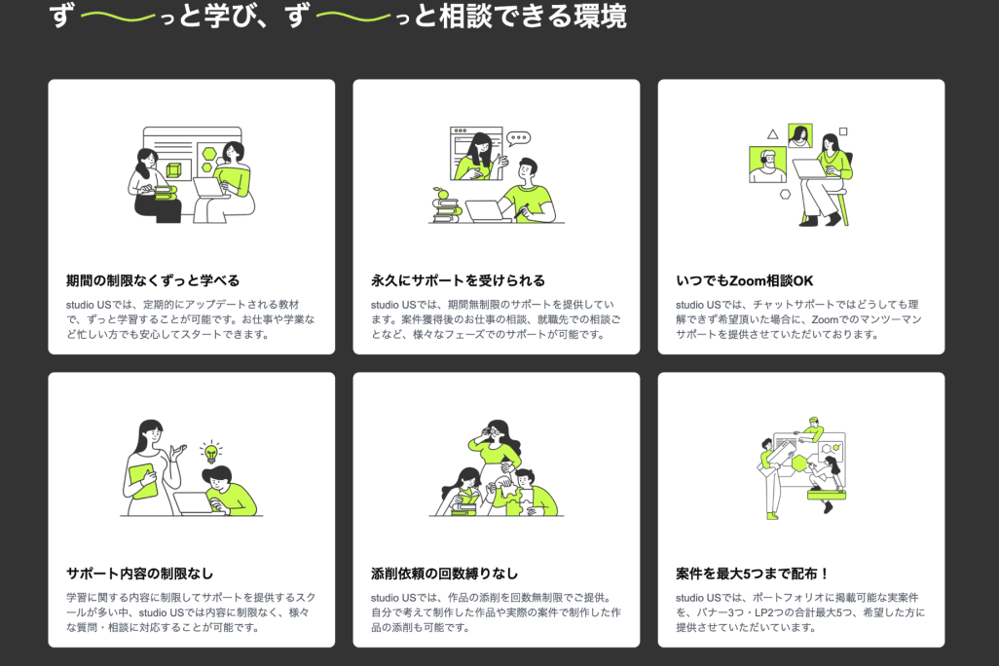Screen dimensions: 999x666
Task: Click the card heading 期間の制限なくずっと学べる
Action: click(153, 280)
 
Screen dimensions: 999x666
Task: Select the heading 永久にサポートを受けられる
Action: click(458, 280)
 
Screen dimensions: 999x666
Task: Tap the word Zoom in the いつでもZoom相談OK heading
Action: click(748, 280)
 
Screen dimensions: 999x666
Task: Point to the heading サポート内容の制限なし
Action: click(139, 573)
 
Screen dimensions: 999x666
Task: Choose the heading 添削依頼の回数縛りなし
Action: click(445, 573)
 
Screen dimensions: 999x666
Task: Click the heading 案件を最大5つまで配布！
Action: click(753, 573)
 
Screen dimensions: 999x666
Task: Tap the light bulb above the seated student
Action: click(211, 451)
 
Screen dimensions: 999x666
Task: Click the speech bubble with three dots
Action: click(518, 138)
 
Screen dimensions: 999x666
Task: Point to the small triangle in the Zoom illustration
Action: click(773, 133)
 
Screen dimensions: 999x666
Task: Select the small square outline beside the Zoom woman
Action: click(843, 131)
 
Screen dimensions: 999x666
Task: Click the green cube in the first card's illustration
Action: click(173, 170)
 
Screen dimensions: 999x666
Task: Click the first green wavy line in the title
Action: click(119, 17)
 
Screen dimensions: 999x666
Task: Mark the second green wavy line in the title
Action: click(354, 17)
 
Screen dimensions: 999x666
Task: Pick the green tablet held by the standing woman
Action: click(143, 482)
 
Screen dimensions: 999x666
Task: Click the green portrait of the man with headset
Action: click(767, 166)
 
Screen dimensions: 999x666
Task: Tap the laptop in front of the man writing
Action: click(488, 210)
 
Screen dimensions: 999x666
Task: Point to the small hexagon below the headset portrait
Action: click(785, 195)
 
